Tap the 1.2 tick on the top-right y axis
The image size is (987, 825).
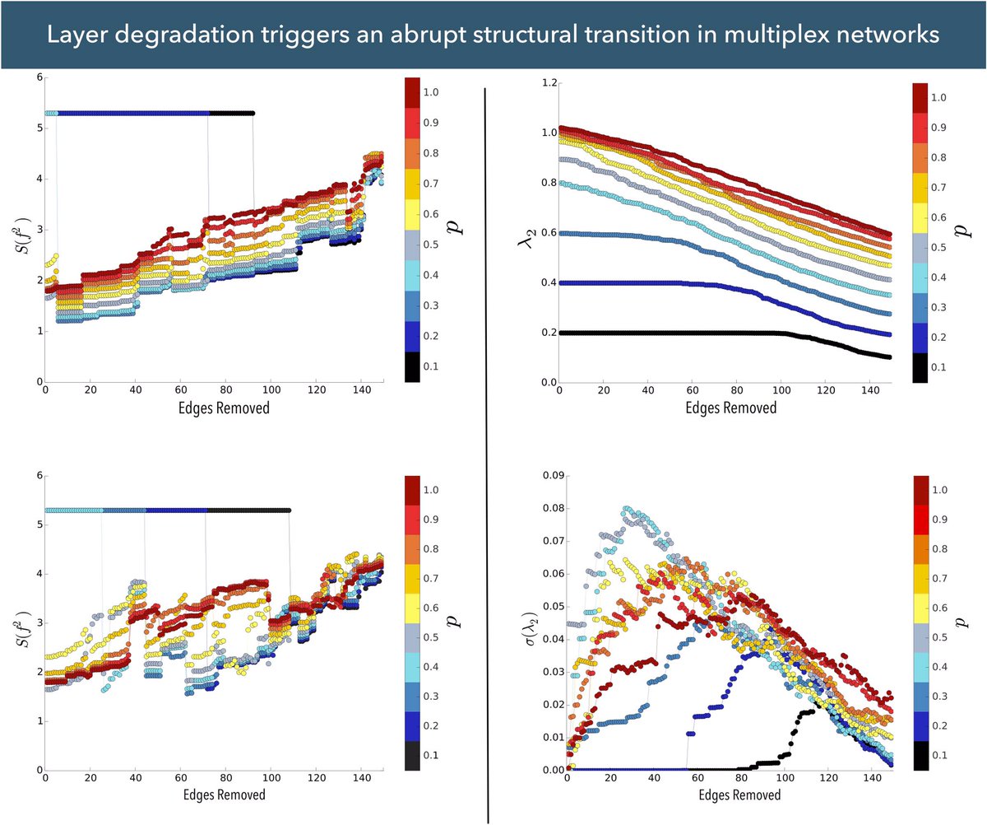546,83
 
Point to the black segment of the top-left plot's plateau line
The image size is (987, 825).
231,113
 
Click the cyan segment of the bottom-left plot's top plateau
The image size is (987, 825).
73,510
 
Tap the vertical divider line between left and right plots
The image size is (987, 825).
489,453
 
